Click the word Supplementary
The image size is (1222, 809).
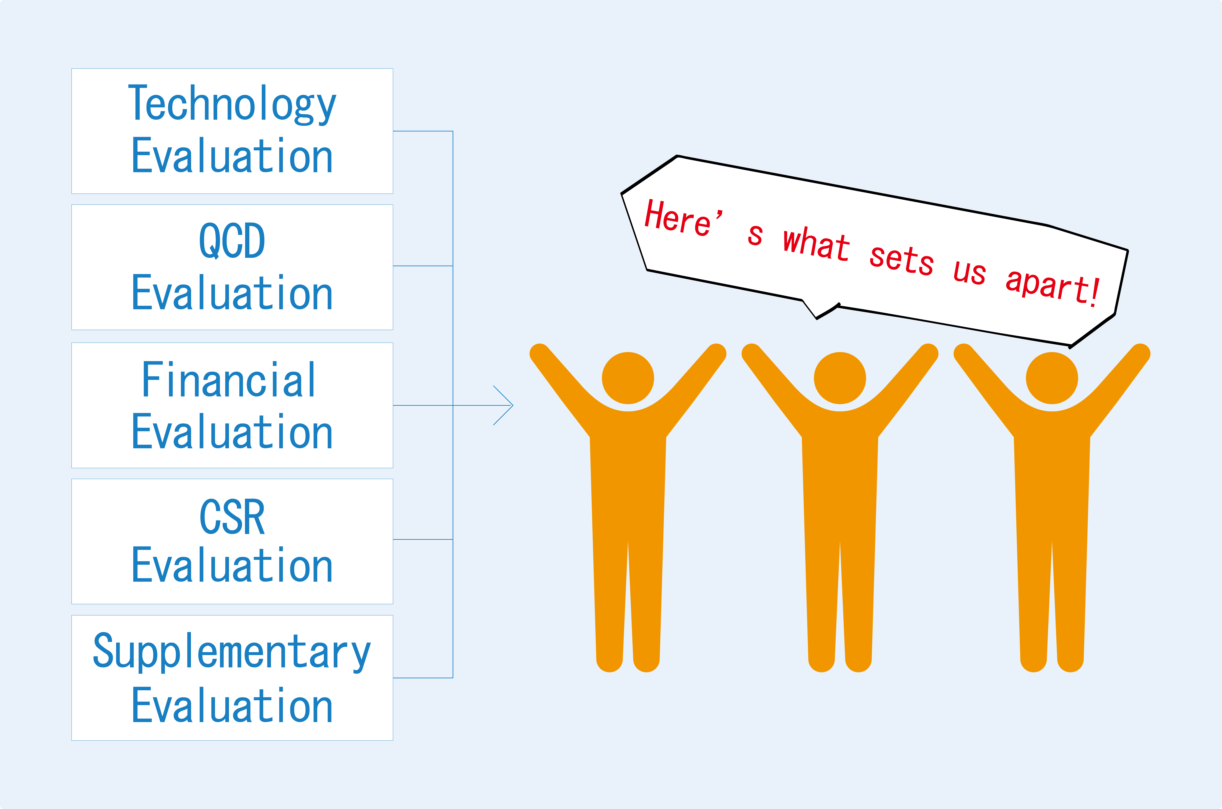click(x=232, y=652)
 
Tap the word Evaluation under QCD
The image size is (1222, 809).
click(x=232, y=293)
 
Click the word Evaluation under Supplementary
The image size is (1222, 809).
click(x=232, y=705)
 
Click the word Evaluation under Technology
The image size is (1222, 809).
click(x=232, y=156)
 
